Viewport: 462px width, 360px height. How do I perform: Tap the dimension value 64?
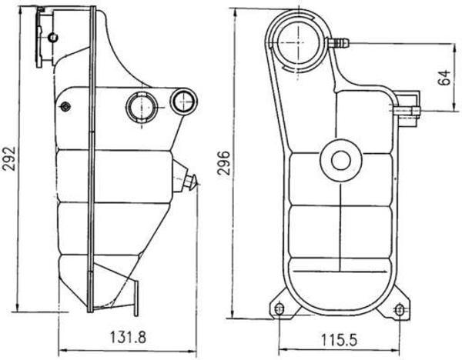[445, 78]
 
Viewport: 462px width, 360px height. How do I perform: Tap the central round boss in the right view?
[340, 159]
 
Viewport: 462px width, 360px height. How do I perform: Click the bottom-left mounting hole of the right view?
[280, 309]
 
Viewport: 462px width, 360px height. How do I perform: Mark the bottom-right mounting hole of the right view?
[399, 309]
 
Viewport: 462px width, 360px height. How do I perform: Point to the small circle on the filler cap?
[52, 37]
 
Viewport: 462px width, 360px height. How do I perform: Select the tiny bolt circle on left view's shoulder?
[66, 106]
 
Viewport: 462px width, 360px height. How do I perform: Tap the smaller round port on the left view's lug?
[183, 100]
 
